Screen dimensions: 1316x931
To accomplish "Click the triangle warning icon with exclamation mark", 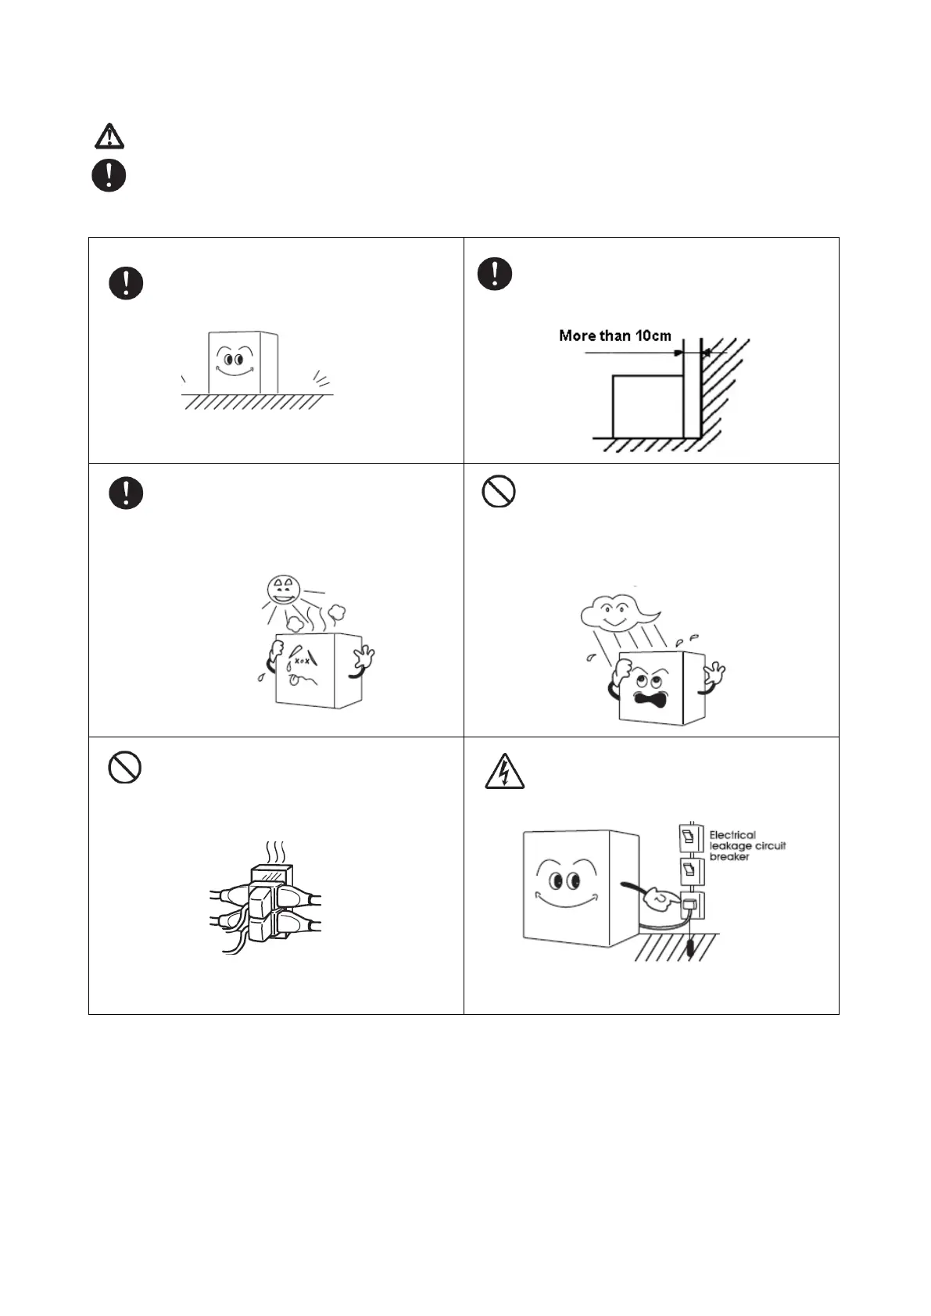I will pyautogui.click(x=109, y=136).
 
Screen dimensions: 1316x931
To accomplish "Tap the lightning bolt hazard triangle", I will pyautogui.click(x=504, y=772).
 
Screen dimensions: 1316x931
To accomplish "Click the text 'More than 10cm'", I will pyautogui.click(x=614, y=336).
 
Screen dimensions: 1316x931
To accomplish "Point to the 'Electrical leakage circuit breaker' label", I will pyautogui.click(x=747, y=846).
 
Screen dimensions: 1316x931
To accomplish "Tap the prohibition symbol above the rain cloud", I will pyautogui.click(x=498, y=492).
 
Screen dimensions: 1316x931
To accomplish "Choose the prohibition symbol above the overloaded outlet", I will pyautogui.click(x=124, y=768).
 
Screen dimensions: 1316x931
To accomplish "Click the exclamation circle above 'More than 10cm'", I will pyautogui.click(x=495, y=274).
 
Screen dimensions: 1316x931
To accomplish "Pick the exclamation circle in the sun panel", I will pyautogui.click(x=126, y=493).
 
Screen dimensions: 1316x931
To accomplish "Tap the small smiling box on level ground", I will pyautogui.click(x=242, y=363).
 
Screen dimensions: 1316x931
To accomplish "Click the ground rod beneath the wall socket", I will pyautogui.click(x=690, y=948).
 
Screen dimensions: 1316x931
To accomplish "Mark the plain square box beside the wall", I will pyautogui.click(x=647, y=407).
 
